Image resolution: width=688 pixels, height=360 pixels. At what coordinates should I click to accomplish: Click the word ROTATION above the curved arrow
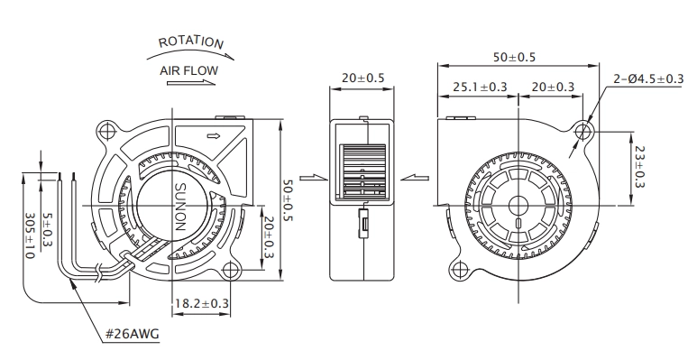(191, 42)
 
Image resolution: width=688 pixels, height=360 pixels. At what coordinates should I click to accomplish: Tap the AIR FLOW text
(188, 70)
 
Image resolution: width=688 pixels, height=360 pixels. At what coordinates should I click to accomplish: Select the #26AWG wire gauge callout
(132, 335)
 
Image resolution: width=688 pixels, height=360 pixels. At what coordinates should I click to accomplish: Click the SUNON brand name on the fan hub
(180, 207)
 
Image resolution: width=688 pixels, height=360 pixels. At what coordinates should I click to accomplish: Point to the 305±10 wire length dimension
(30, 235)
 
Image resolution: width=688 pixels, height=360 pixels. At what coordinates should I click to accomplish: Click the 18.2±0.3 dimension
(202, 303)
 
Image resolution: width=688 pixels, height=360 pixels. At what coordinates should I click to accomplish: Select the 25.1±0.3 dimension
(480, 87)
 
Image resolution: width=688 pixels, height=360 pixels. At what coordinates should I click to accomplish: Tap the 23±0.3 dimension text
(639, 167)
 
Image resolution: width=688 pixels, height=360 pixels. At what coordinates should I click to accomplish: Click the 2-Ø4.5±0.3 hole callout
(648, 78)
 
